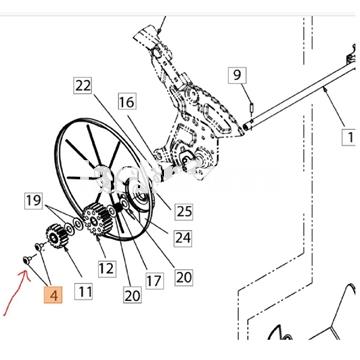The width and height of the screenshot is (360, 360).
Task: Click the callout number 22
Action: pos(83,86)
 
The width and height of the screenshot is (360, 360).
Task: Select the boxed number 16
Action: pos(127,102)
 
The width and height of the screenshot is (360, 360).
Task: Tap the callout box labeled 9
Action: pos(237,75)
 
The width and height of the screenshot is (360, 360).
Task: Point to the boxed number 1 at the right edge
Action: pos(351,137)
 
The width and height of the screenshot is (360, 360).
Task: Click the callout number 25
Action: pos(183,211)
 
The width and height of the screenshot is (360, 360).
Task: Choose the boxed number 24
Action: pos(183,238)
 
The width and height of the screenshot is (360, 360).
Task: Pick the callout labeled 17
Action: pos(154,280)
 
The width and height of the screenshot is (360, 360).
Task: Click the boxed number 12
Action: pos(107,268)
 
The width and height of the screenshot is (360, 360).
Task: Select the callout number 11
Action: pos(83,292)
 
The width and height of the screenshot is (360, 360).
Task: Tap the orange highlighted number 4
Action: pos(53,295)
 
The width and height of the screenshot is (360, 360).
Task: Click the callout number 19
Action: pos(33,201)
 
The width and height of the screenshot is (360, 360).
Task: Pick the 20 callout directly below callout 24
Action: pos(183,277)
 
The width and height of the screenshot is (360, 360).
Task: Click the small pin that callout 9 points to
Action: pos(252,108)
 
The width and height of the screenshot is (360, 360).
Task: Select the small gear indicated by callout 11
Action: pos(55,236)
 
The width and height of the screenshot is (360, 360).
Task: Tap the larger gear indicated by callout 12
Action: pos(97,219)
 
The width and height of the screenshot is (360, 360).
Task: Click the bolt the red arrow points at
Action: pos(27,259)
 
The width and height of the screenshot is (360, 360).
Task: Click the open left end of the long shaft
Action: pos(246,127)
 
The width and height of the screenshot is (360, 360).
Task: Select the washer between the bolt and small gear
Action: pos(39,247)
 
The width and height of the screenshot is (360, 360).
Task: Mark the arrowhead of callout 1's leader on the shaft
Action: pos(325,89)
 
